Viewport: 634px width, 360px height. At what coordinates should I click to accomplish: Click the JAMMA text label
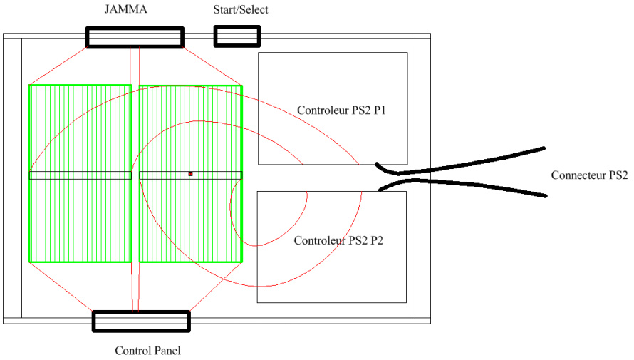pyautogui.click(x=126, y=9)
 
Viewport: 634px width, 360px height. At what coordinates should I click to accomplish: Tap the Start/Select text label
pyautogui.click(x=241, y=9)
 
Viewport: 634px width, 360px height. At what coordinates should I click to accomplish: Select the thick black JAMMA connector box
pyautogui.click(x=135, y=37)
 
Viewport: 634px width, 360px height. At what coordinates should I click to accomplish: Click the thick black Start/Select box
pyautogui.click(x=237, y=36)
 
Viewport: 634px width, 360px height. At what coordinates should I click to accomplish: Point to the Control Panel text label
pyautogui.click(x=147, y=350)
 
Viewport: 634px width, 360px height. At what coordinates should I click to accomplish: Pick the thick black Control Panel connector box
pyautogui.click(x=141, y=322)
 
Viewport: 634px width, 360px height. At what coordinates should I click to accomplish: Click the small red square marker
pyautogui.click(x=190, y=174)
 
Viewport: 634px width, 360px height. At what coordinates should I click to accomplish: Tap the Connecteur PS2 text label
pyautogui.click(x=589, y=175)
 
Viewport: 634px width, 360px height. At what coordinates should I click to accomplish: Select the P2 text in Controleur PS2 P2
pyautogui.click(x=376, y=240)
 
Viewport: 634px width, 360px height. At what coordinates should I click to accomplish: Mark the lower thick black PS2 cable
pyautogui.click(x=463, y=185)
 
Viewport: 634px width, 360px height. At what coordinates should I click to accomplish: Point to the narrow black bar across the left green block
pyautogui.click(x=80, y=175)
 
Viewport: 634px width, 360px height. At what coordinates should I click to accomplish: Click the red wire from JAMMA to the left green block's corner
pyautogui.click(x=58, y=66)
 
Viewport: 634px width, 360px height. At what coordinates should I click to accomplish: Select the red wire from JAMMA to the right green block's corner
pyautogui.click(x=213, y=67)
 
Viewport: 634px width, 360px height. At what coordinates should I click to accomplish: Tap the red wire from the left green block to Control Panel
pyautogui.click(x=61, y=287)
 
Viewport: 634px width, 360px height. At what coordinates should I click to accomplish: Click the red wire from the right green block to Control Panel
pyautogui.click(x=216, y=287)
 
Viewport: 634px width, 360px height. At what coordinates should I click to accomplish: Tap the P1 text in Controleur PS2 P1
pyautogui.click(x=379, y=110)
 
